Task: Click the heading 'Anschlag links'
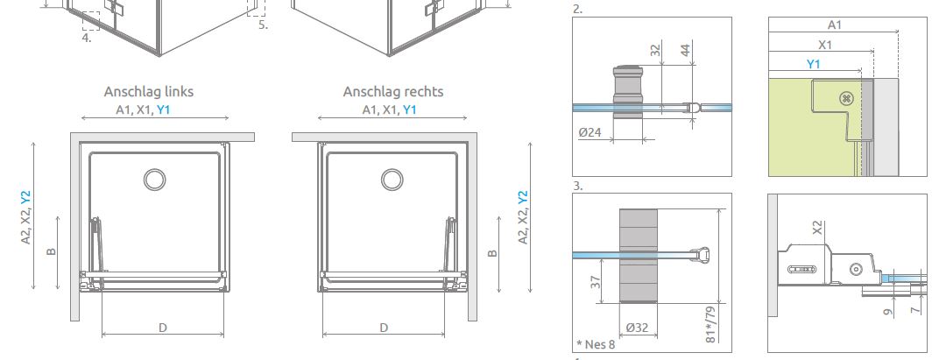(149, 91)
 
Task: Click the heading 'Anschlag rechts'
(393, 91)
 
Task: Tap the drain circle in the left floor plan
(154, 179)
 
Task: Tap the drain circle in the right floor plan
(392, 179)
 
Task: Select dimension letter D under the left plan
(162, 328)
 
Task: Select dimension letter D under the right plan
(384, 328)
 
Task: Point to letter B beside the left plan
(52, 252)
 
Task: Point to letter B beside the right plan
(492, 254)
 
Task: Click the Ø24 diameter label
(590, 132)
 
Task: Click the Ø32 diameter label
(637, 328)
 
